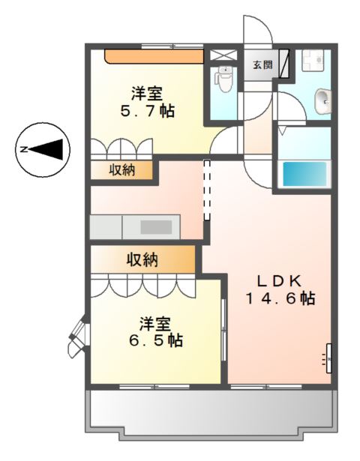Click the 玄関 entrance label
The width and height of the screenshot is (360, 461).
coord(261,64)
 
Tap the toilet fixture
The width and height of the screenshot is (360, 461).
coord(223,76)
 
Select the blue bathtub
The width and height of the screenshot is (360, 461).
coord(304,175)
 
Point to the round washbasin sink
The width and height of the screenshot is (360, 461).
coord(322,100)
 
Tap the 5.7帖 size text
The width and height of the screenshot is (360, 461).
coord(147,111)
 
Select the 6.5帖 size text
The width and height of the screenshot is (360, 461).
coord(154,340)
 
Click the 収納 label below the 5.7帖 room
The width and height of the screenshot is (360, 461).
coord(122,170)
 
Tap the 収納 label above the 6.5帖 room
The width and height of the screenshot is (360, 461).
coord(142,260)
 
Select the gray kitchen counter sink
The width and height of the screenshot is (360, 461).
coord(156,226)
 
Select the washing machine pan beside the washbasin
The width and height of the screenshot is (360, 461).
coord(312,61)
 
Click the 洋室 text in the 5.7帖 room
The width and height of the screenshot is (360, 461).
coord(147,94)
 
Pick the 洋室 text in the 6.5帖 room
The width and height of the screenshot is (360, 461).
coord(154,324)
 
